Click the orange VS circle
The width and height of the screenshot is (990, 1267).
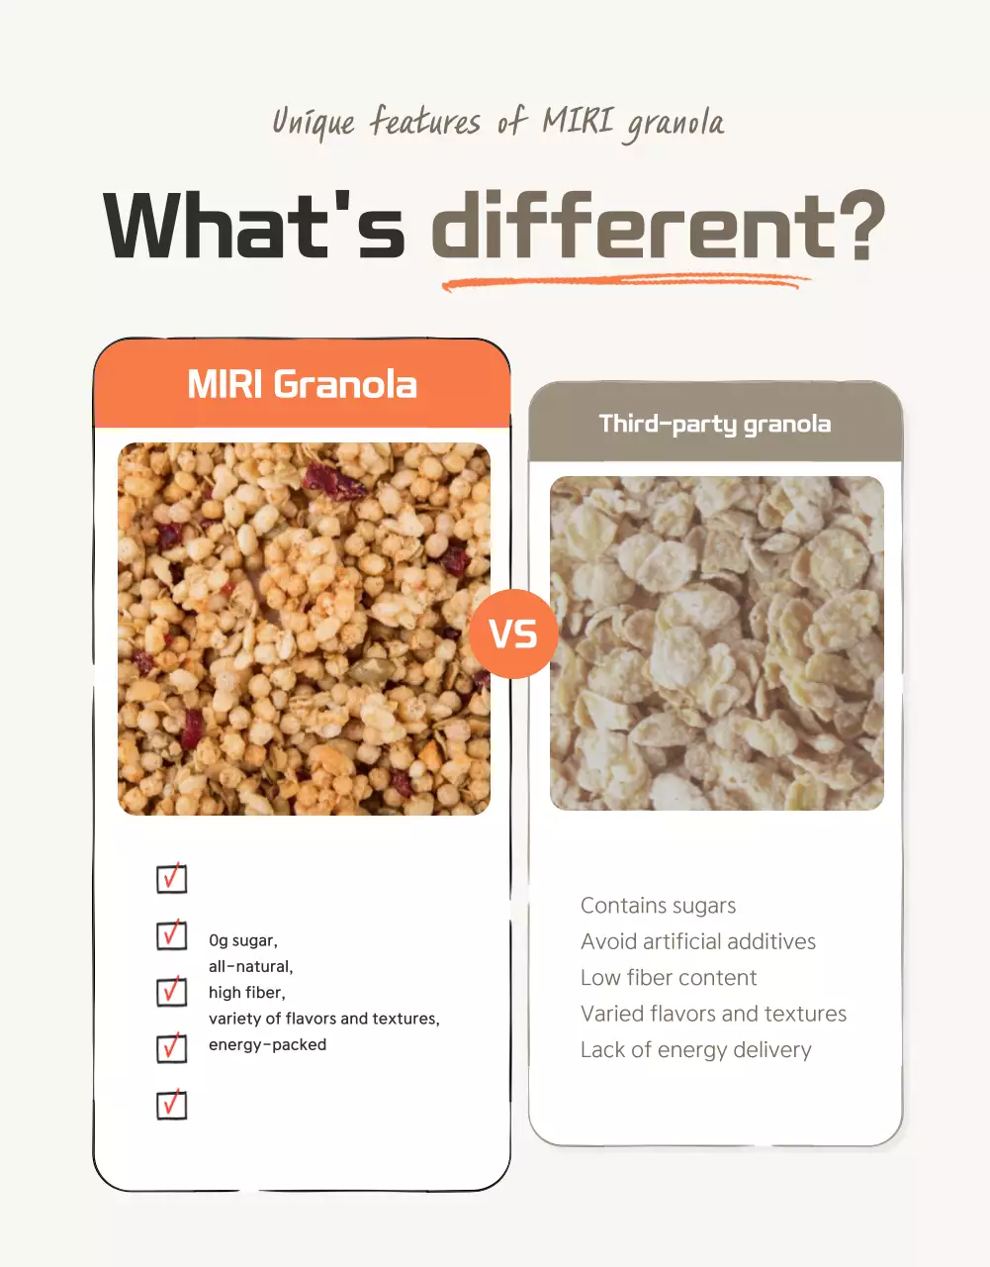coord(513,634)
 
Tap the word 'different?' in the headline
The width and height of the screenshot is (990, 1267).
coord(657,227)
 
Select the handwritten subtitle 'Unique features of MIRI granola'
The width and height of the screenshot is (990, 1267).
coord(497,123)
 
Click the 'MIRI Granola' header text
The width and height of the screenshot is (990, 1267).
coord(302,384)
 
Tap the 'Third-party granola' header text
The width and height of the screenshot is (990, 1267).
coord(714,424)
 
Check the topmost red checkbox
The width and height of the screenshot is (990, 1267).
coord(172,878)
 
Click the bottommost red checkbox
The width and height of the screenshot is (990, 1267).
coord(172,1105)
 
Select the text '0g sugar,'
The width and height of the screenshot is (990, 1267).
coord(242,940)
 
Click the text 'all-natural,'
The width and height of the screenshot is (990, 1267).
coord(250,966)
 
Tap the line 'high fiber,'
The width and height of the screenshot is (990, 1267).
coord(246,993)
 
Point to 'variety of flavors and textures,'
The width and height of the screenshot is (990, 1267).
coord(323,1019)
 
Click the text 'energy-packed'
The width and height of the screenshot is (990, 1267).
coord(267,1044)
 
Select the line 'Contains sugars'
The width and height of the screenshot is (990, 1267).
coord(658,906)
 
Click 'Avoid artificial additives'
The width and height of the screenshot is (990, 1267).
coord(697,941)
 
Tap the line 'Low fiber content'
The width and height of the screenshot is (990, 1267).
coord(669,978)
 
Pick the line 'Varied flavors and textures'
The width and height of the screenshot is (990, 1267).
coord(713,1014)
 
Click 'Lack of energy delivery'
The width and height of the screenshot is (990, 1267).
coord(695,1050)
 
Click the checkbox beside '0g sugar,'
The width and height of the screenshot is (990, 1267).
coord(172,935)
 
